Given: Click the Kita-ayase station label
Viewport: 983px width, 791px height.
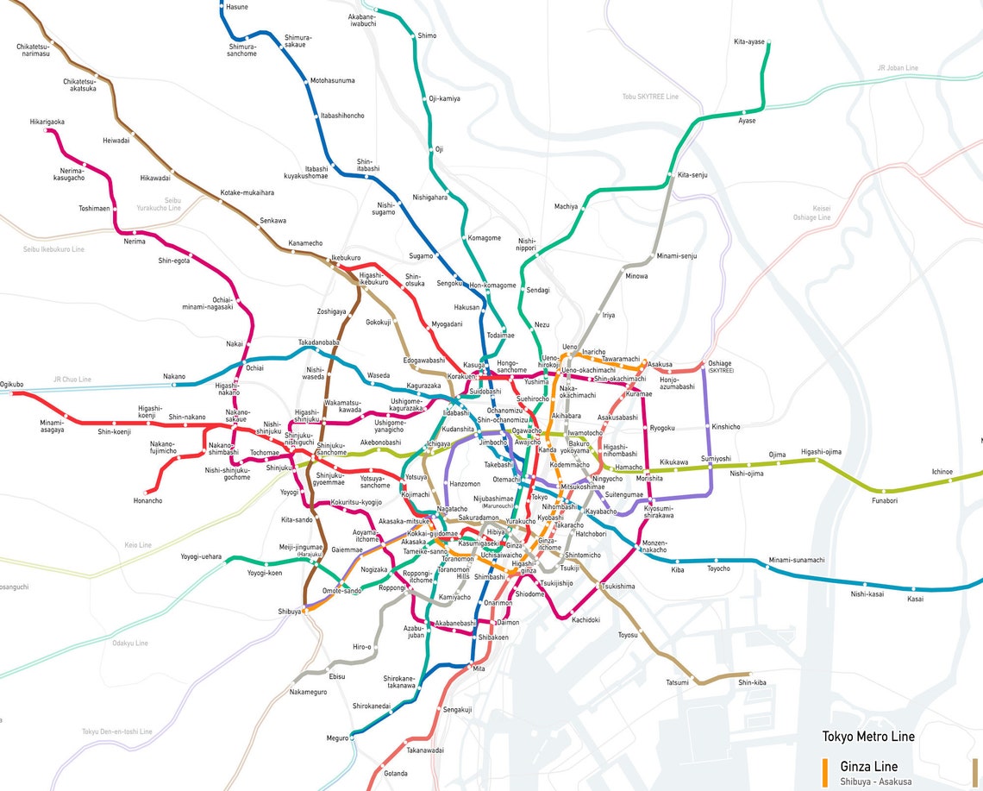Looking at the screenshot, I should pyautogui.click(x=749, y=41).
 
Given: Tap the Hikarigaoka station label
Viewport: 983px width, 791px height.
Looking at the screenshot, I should pyautogui.click(x=47, y=122).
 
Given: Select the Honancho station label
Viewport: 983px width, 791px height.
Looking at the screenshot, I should pyautogui.click(x=147, y=500).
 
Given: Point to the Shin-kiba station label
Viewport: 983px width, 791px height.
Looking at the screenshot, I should pyautogui.click(x=751, y=682).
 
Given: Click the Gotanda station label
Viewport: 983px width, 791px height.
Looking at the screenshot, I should pyautogui.click(x=396, y=772).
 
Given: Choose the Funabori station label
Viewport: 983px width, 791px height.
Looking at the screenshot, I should pyautogui.click(x=885, y=500).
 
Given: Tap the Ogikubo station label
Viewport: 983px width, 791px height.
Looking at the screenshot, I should pyautogui.click(x=12, y=384).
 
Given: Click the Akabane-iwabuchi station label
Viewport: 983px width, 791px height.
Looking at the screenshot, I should pyautogui.click(x=361, y=20).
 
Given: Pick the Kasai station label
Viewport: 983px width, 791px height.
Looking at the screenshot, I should pyautogui.click(x=915, y=599).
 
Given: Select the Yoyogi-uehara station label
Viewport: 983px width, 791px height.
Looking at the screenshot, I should pyautogui.click(x=201, y=556).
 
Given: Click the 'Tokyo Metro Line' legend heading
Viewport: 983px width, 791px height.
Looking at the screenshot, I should pyautogui.click(x=868, y=736).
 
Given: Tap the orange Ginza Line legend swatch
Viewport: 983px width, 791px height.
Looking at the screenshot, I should pyautogui.click(x=825, y=769).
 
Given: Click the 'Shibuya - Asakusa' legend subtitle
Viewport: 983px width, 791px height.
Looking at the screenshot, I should pyautogui.click(x=875, y=782).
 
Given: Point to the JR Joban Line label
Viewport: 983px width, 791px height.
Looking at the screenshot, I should pyautogui.click(x=898, y=67).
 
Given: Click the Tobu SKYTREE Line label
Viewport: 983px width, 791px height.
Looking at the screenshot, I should pyautogui.click(x=650, y=97).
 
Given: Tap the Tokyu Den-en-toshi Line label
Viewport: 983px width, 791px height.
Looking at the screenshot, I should pyautogui.click(x=117, y=731).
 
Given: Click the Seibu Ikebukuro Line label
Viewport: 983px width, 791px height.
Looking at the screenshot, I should pyautogui.click(x=53, y=249).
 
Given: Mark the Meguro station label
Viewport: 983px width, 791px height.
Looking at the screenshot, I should pyautogui.click(x=337, y=738).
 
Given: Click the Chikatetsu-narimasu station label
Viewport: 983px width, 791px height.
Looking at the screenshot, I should pyautogui.click(x=33, y=50).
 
